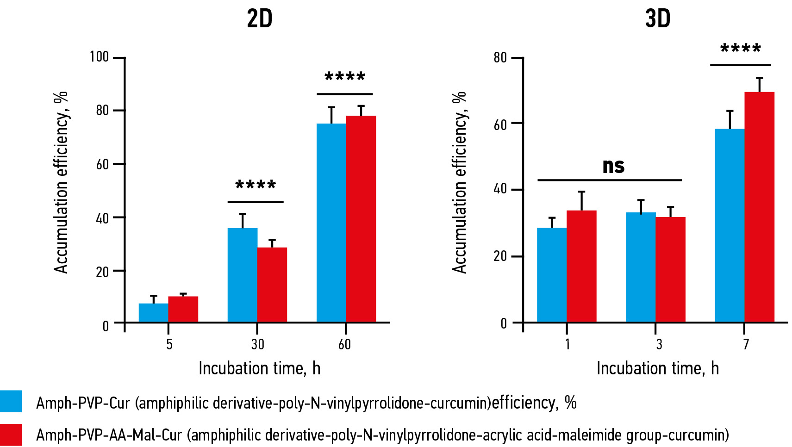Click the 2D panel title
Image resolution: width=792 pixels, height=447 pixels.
(260, 19)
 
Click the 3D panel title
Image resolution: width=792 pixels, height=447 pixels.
(657, 19)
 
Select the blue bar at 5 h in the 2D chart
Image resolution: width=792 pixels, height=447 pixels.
(153, 313)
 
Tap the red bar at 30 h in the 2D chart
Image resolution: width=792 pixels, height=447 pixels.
(272, 285)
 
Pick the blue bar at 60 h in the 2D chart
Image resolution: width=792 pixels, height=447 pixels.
(331, 223)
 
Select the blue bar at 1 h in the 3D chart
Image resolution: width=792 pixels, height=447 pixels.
(552, 275)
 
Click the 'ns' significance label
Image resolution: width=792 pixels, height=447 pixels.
(613, 166)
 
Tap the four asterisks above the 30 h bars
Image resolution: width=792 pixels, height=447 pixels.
(256, 186)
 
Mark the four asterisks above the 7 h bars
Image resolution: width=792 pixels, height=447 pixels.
(741, 49)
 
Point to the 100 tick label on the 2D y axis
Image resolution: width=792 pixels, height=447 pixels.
(99, 57)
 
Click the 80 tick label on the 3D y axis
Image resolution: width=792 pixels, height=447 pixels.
(500, 58)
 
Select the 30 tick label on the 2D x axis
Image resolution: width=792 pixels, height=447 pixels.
(257, 344)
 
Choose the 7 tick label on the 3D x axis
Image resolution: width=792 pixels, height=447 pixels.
(746, 344)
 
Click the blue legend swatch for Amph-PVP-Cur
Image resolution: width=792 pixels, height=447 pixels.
(11, 401)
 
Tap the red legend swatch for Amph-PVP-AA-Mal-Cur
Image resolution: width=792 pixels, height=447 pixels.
(11, 435)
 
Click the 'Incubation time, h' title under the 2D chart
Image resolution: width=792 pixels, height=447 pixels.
(259, 368)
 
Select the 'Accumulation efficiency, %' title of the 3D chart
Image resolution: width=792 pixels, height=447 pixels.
(459, 182)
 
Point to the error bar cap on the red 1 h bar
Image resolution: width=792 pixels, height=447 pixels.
(581, 192)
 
